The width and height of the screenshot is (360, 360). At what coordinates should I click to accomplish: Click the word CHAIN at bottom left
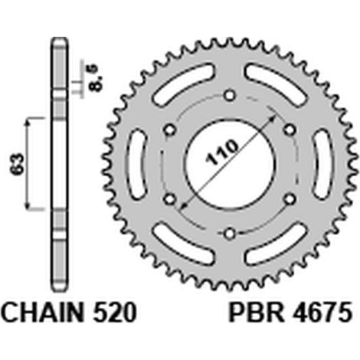pyautogui.click(x=42, y=313)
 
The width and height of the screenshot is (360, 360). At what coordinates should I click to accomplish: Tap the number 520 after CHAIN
pyautogui.click(x=115, y=313)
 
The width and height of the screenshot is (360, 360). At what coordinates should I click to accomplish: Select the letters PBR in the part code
pyautogui.click(x=257, y=313)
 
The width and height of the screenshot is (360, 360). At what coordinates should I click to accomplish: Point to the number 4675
pyautogui.click(x=322, y=313)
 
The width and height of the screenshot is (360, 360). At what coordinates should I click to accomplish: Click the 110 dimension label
pyautogui.click(x=221, y=152)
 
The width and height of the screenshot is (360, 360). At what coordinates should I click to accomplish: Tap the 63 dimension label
pyautogui.click(x=17, y=164)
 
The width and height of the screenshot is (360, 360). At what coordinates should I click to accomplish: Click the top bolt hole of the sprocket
pyautogui.click(x=230, y=96)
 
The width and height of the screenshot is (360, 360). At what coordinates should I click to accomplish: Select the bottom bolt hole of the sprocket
pyautogui.click(x=230, y=233)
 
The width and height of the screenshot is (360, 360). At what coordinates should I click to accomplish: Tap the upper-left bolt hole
pyautogui.click(x=170, y=130)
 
